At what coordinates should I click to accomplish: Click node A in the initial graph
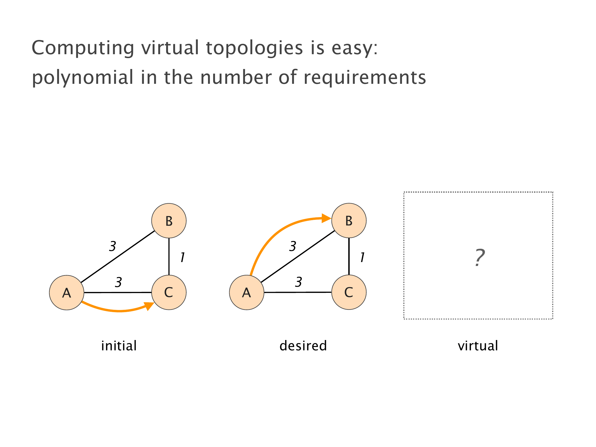[x=66, y=293]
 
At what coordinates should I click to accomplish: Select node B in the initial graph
[x=169, y=221]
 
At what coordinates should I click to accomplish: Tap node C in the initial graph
[x=169, y=293]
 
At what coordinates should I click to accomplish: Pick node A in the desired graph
[x=247, y=293]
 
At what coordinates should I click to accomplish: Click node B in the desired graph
[x=349, y=221]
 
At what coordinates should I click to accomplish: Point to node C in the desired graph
[x=349, y=293]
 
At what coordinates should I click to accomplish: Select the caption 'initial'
[x=119, y=346]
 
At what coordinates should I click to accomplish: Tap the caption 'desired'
[x=303, y=346]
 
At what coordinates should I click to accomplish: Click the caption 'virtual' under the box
[x=478, y=346]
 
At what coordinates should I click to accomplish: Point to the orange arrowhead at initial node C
[x=149, y=306]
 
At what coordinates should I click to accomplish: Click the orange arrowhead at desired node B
[x=326, y=218]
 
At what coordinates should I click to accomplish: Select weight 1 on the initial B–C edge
[x=182, y=257]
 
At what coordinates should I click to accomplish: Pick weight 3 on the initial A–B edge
[x=113, y=246]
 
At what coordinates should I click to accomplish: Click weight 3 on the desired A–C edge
[x=299, y=282]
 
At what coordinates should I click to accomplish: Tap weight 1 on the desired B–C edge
[x=362, y=257]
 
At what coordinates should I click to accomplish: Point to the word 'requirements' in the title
[x=365, y=78]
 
